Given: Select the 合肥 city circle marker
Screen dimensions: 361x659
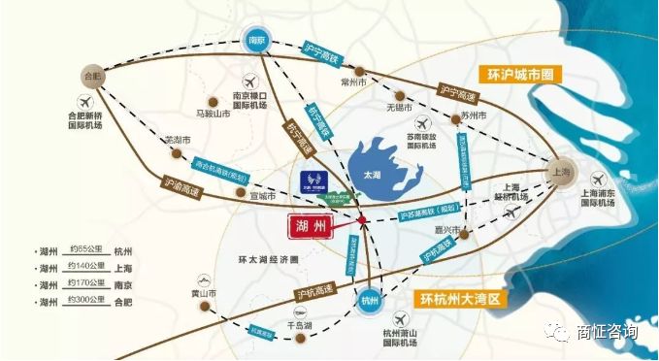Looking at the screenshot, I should point(93,74).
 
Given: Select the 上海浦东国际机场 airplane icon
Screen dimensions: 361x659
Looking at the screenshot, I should point(600,179).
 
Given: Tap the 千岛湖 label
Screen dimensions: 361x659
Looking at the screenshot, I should point(300,327).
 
